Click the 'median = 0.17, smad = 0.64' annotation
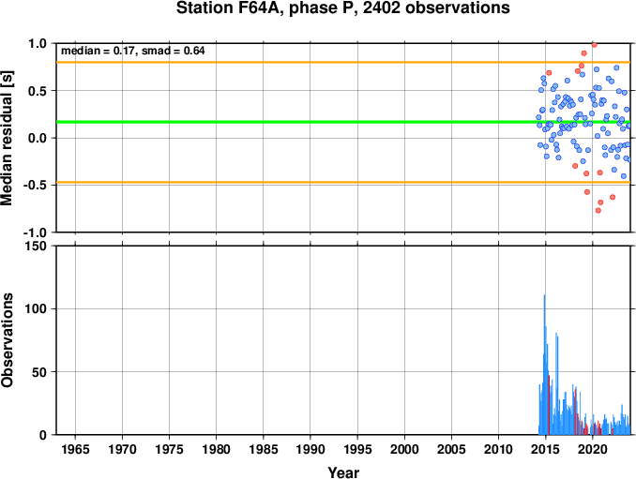132,51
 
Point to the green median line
343,122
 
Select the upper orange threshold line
343,62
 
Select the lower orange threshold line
343,183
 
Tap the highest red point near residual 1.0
594,45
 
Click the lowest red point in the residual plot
598,210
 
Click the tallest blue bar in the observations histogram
544,365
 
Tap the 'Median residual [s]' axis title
7,138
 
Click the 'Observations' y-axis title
7,340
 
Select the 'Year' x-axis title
343,472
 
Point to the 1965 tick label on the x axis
75,449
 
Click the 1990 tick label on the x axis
310,449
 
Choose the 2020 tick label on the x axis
593,449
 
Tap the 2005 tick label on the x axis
451,449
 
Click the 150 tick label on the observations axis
36,246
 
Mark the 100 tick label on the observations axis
36,308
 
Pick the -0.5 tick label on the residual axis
36,186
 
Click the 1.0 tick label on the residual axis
38,43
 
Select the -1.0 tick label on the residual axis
36,232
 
